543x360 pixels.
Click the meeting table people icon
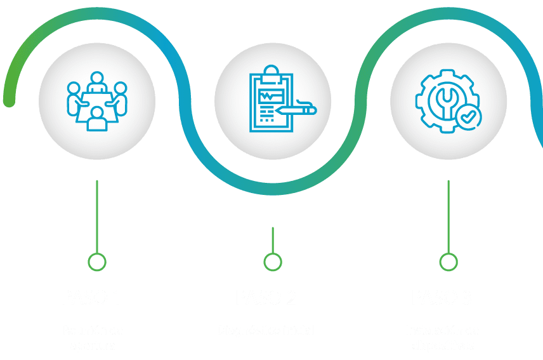96,102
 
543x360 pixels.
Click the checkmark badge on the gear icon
469,117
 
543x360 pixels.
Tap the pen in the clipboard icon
296,110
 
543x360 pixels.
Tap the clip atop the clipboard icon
272,70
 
